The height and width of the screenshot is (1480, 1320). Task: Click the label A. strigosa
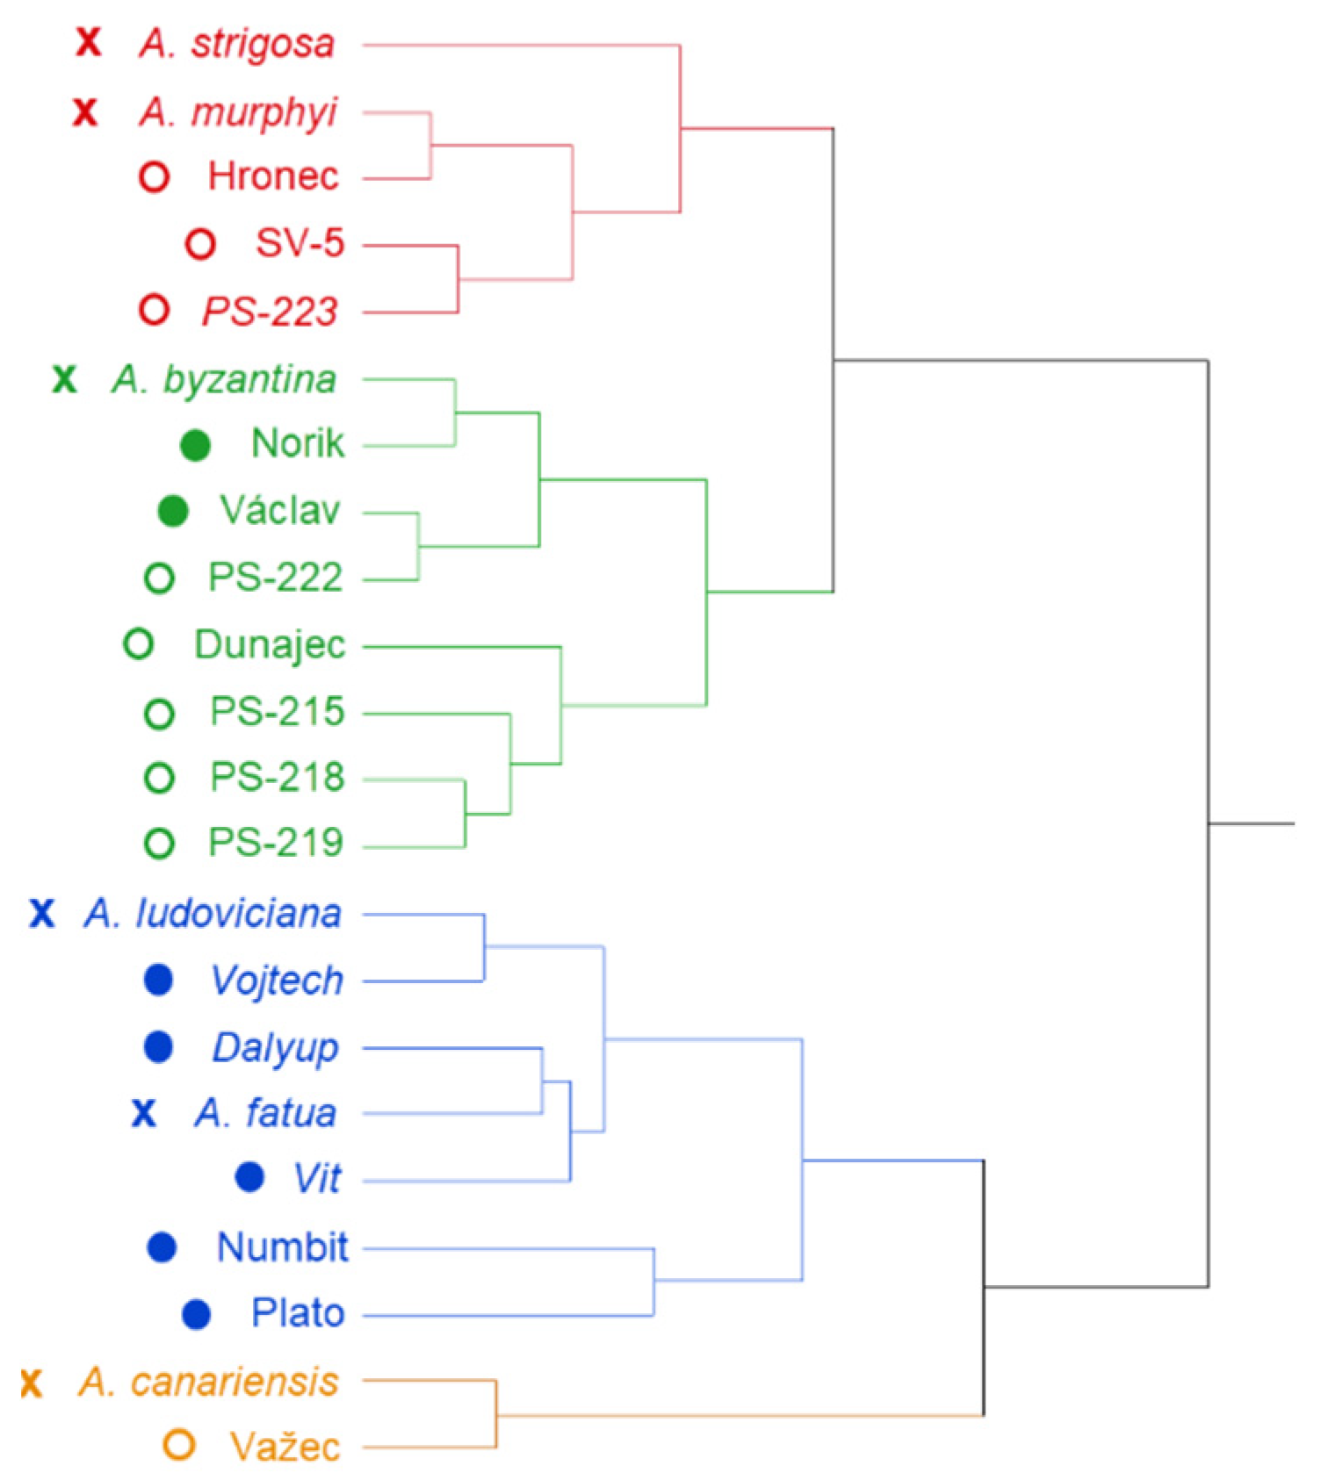[236, 44]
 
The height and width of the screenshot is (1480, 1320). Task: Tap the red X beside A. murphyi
[85, 112]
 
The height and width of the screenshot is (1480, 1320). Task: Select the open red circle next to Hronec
[155, 177]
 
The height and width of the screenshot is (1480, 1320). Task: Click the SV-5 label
[299, 243]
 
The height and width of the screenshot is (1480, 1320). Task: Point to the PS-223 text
[270, 312]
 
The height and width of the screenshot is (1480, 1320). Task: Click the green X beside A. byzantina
[64, 380]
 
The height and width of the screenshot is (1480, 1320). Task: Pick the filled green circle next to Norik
[195, 446]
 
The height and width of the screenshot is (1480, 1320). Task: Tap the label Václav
[279, 511]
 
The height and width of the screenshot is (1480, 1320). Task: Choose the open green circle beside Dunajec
[139, 644]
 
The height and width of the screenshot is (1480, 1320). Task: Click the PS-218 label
[277, 778]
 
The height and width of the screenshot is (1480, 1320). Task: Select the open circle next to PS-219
[159, 844]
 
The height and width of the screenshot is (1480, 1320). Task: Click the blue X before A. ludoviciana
[41, 914]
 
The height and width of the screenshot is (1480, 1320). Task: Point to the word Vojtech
[277, 981]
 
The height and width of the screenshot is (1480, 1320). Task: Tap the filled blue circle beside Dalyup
[158, 1047]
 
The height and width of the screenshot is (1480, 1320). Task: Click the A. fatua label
[265, 1113]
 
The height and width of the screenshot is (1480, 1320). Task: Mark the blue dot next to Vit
[250, 1178]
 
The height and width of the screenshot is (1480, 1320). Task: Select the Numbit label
[282, 1247]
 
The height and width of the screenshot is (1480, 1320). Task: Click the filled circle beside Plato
[196, 1314]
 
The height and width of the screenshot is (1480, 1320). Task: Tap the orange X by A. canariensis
[32, 1383]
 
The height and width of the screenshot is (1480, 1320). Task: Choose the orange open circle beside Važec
[179, 1445]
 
